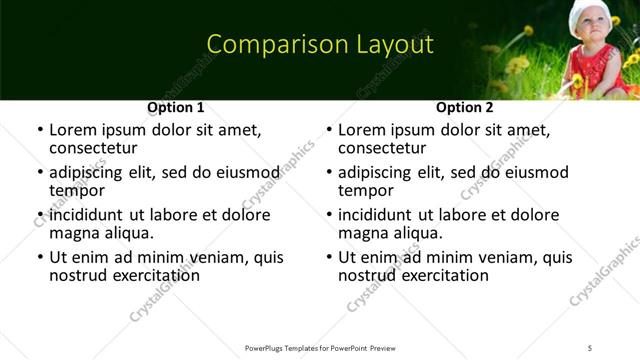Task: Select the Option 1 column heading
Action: [175, 107]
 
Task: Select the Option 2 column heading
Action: [464, 107]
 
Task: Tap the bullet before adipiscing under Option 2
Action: [329, 173]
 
